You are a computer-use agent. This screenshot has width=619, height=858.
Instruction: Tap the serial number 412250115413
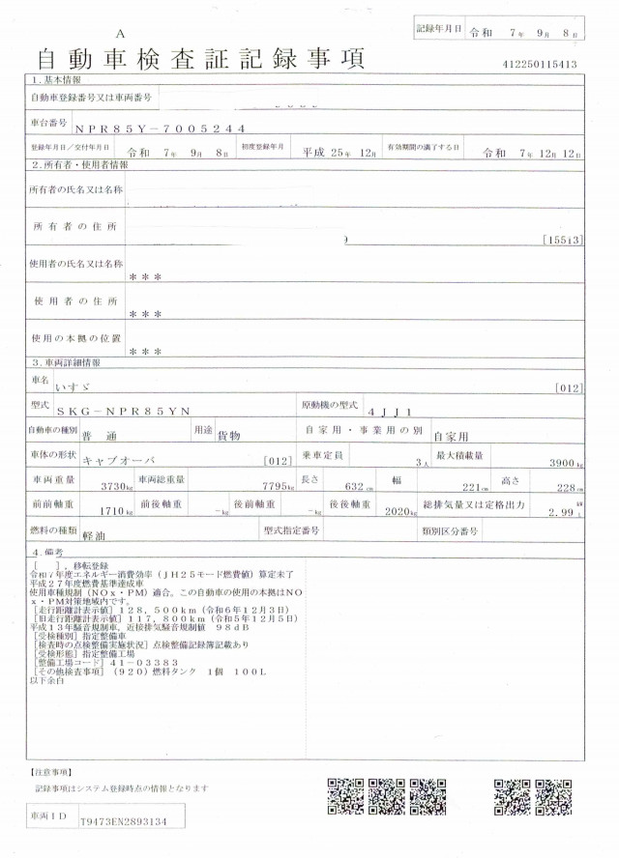pos(541,65)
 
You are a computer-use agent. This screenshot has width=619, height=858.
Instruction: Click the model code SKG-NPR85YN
pos(137,413)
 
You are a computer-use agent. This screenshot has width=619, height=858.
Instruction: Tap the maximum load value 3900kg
pos(560,463)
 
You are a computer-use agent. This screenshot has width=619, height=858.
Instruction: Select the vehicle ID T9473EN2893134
pos(123,821)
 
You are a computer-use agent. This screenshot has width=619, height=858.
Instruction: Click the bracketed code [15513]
pos(562,239)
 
